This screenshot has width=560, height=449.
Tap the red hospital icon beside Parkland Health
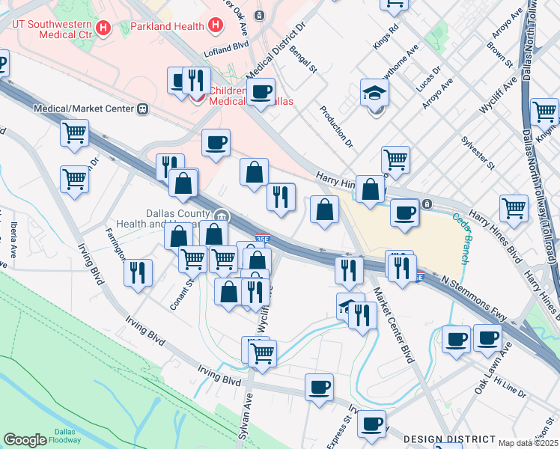(x=216, y=27)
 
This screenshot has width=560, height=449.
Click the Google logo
(x=25, y=440)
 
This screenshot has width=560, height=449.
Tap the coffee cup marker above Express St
(x=319, y=388)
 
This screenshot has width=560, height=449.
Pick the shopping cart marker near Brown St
(x=513, y=208)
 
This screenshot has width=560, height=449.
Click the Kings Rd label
(x=388, y=37)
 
